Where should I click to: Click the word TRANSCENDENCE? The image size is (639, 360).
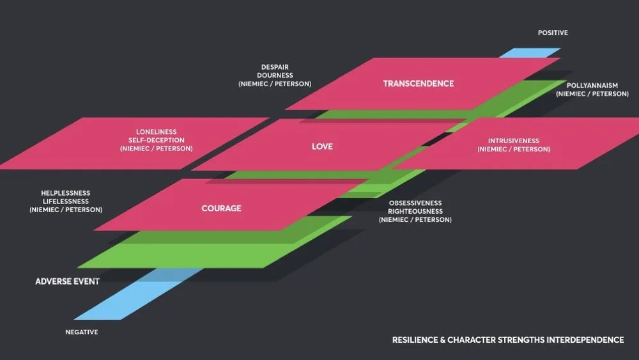coord(419,84)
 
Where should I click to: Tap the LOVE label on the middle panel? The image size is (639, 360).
coord(322,146)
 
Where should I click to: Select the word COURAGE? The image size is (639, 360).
coord(222,208)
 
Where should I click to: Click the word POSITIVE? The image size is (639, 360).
coord(553,33)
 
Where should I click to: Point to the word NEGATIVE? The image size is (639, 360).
coord(82,333)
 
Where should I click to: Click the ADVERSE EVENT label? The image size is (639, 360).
coord(68,281)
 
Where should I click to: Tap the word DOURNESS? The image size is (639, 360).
coord(275,75)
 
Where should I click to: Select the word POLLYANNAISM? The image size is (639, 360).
coord(592,86)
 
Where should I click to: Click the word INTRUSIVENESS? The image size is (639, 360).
coord(514,141)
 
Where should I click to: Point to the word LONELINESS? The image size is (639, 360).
coord(157,132)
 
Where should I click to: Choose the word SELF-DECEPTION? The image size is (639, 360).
coord(157,141)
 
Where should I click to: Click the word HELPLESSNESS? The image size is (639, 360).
coord(66,193)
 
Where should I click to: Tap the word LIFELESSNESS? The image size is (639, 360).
coord(66,201)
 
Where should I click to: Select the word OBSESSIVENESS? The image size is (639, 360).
coord(415,203)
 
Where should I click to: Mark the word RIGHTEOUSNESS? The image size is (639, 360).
coord(415,212)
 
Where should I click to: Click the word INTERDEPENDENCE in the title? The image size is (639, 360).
coord(585,340)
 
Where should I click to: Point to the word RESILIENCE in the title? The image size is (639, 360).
coord(415,340)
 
